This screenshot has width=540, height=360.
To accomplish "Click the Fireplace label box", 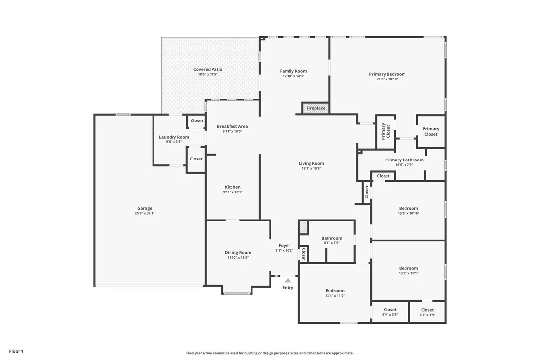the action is coord(316,108).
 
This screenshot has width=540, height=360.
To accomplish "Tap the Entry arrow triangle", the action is coord(288,280).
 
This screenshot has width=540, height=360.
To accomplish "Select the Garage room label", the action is coord(145,208).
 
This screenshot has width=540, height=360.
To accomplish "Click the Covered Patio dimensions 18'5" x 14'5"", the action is coord(208,74).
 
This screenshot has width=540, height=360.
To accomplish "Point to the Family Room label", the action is coord(293,71).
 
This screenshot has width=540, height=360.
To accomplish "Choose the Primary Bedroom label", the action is coord(387,74).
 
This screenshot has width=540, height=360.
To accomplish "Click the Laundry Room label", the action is coord(174,137).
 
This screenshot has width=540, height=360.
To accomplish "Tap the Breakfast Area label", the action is coord(232,126).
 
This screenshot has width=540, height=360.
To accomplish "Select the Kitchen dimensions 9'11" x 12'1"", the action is coord(232,192).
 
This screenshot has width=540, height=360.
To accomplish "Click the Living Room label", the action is coord(311,163).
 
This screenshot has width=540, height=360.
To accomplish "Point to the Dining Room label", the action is coord(238,252).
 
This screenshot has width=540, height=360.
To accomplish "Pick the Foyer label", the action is coord(285,245).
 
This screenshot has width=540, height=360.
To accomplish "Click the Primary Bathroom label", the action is coord(405,160).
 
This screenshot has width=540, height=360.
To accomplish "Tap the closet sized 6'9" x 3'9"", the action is coord(390,312).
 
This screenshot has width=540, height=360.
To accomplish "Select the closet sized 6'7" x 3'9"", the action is coord(427,312).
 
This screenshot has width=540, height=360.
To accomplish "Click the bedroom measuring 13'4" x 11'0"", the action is coord(335,293).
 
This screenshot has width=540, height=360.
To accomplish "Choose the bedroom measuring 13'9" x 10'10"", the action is coord(408,210).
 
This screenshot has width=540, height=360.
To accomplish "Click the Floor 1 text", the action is coord(16,351).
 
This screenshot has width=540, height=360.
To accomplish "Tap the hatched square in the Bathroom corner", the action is coord(303,228).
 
